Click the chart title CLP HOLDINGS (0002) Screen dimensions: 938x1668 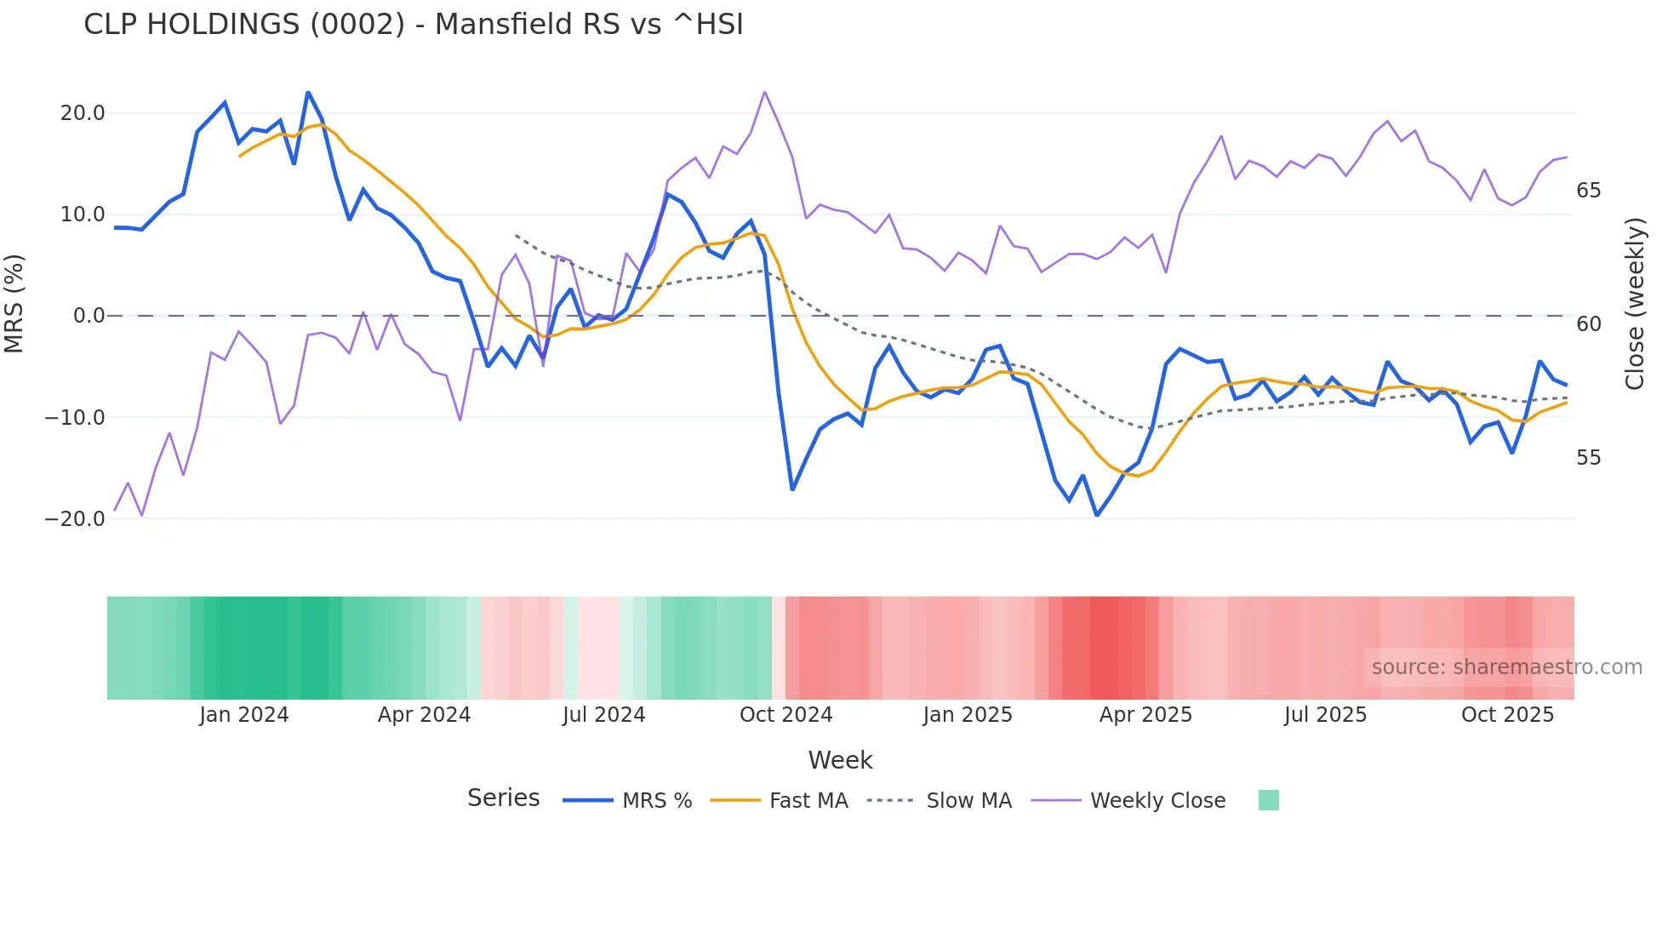[x=414, y=25]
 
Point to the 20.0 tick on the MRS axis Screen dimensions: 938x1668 [x=83, y=113]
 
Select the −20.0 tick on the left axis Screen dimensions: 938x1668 [x=75, y=519]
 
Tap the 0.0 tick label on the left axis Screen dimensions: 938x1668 [x=89, y=316]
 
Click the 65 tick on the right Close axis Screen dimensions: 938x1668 [x=1588, y=191]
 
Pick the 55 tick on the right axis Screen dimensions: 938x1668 [x=1588, y=458]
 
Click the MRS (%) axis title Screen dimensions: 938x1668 [x=14, y=304]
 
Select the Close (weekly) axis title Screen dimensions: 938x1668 [x=1634, y=304]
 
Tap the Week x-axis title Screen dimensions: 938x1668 [x=840, y=760]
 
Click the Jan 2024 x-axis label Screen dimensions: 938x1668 [x=244, y=715]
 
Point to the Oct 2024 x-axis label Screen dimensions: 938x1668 [x=785, y=715]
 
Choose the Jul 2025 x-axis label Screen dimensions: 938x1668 [x=1325, y=715]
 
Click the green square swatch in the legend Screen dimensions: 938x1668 [x=1268, y=800]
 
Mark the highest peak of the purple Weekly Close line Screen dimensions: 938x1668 [x=764, y=92]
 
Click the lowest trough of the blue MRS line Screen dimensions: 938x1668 [x=1097, y=515]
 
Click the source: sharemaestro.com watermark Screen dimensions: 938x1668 [x=1506, y=667]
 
